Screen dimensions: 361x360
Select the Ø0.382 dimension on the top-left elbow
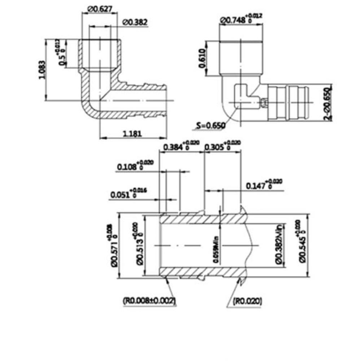(135, 22)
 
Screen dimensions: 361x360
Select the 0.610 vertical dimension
(202, 58)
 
